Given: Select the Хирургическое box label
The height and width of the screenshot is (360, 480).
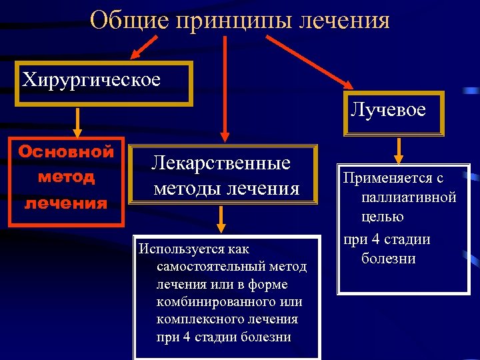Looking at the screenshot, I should pyautogui.click(x=91, y=80).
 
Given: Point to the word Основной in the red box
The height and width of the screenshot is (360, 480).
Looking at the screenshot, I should pyautogui.click(x=66, y=151).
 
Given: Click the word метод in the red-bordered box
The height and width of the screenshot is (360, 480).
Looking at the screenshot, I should pyautogui.click(x=66, y=177).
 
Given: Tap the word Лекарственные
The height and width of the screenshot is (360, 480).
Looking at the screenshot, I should pyautogui.click(x=221, y=163).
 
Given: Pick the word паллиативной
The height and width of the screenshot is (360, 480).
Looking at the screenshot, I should pyautogui.click(x=408, y=198).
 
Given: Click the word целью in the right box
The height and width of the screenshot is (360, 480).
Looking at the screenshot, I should pyautogui.click(x=383, y=217).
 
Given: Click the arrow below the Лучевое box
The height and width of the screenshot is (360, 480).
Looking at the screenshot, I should pyautogui.click(x=398, y=151).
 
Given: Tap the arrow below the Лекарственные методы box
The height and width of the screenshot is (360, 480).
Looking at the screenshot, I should pyautogui.click(x=223, y=218).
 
